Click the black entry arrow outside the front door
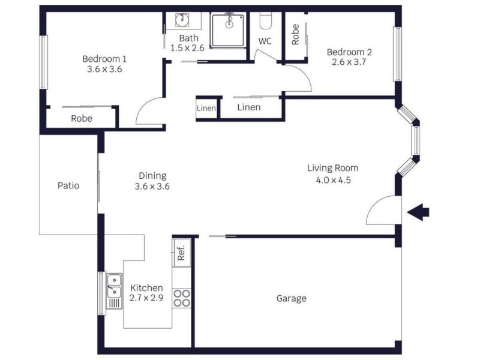[418, 212]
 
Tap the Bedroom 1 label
[104, 58]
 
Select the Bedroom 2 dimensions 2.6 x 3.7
[349, 62]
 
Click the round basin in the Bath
[182, 20]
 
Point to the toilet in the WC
[265, 20]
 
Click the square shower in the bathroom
[228, 31]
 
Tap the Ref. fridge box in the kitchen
[182, 253]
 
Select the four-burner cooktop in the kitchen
[182, 298]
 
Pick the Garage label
[291, 298]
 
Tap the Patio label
[68, 185]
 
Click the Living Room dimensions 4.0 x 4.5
[334, 180]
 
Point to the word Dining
[152, 176]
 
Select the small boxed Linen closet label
[206, 108]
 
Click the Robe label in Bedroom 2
[295, 35]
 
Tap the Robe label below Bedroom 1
[82, 118]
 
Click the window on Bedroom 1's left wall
[44, 62]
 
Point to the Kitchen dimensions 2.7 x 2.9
[146, 298]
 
